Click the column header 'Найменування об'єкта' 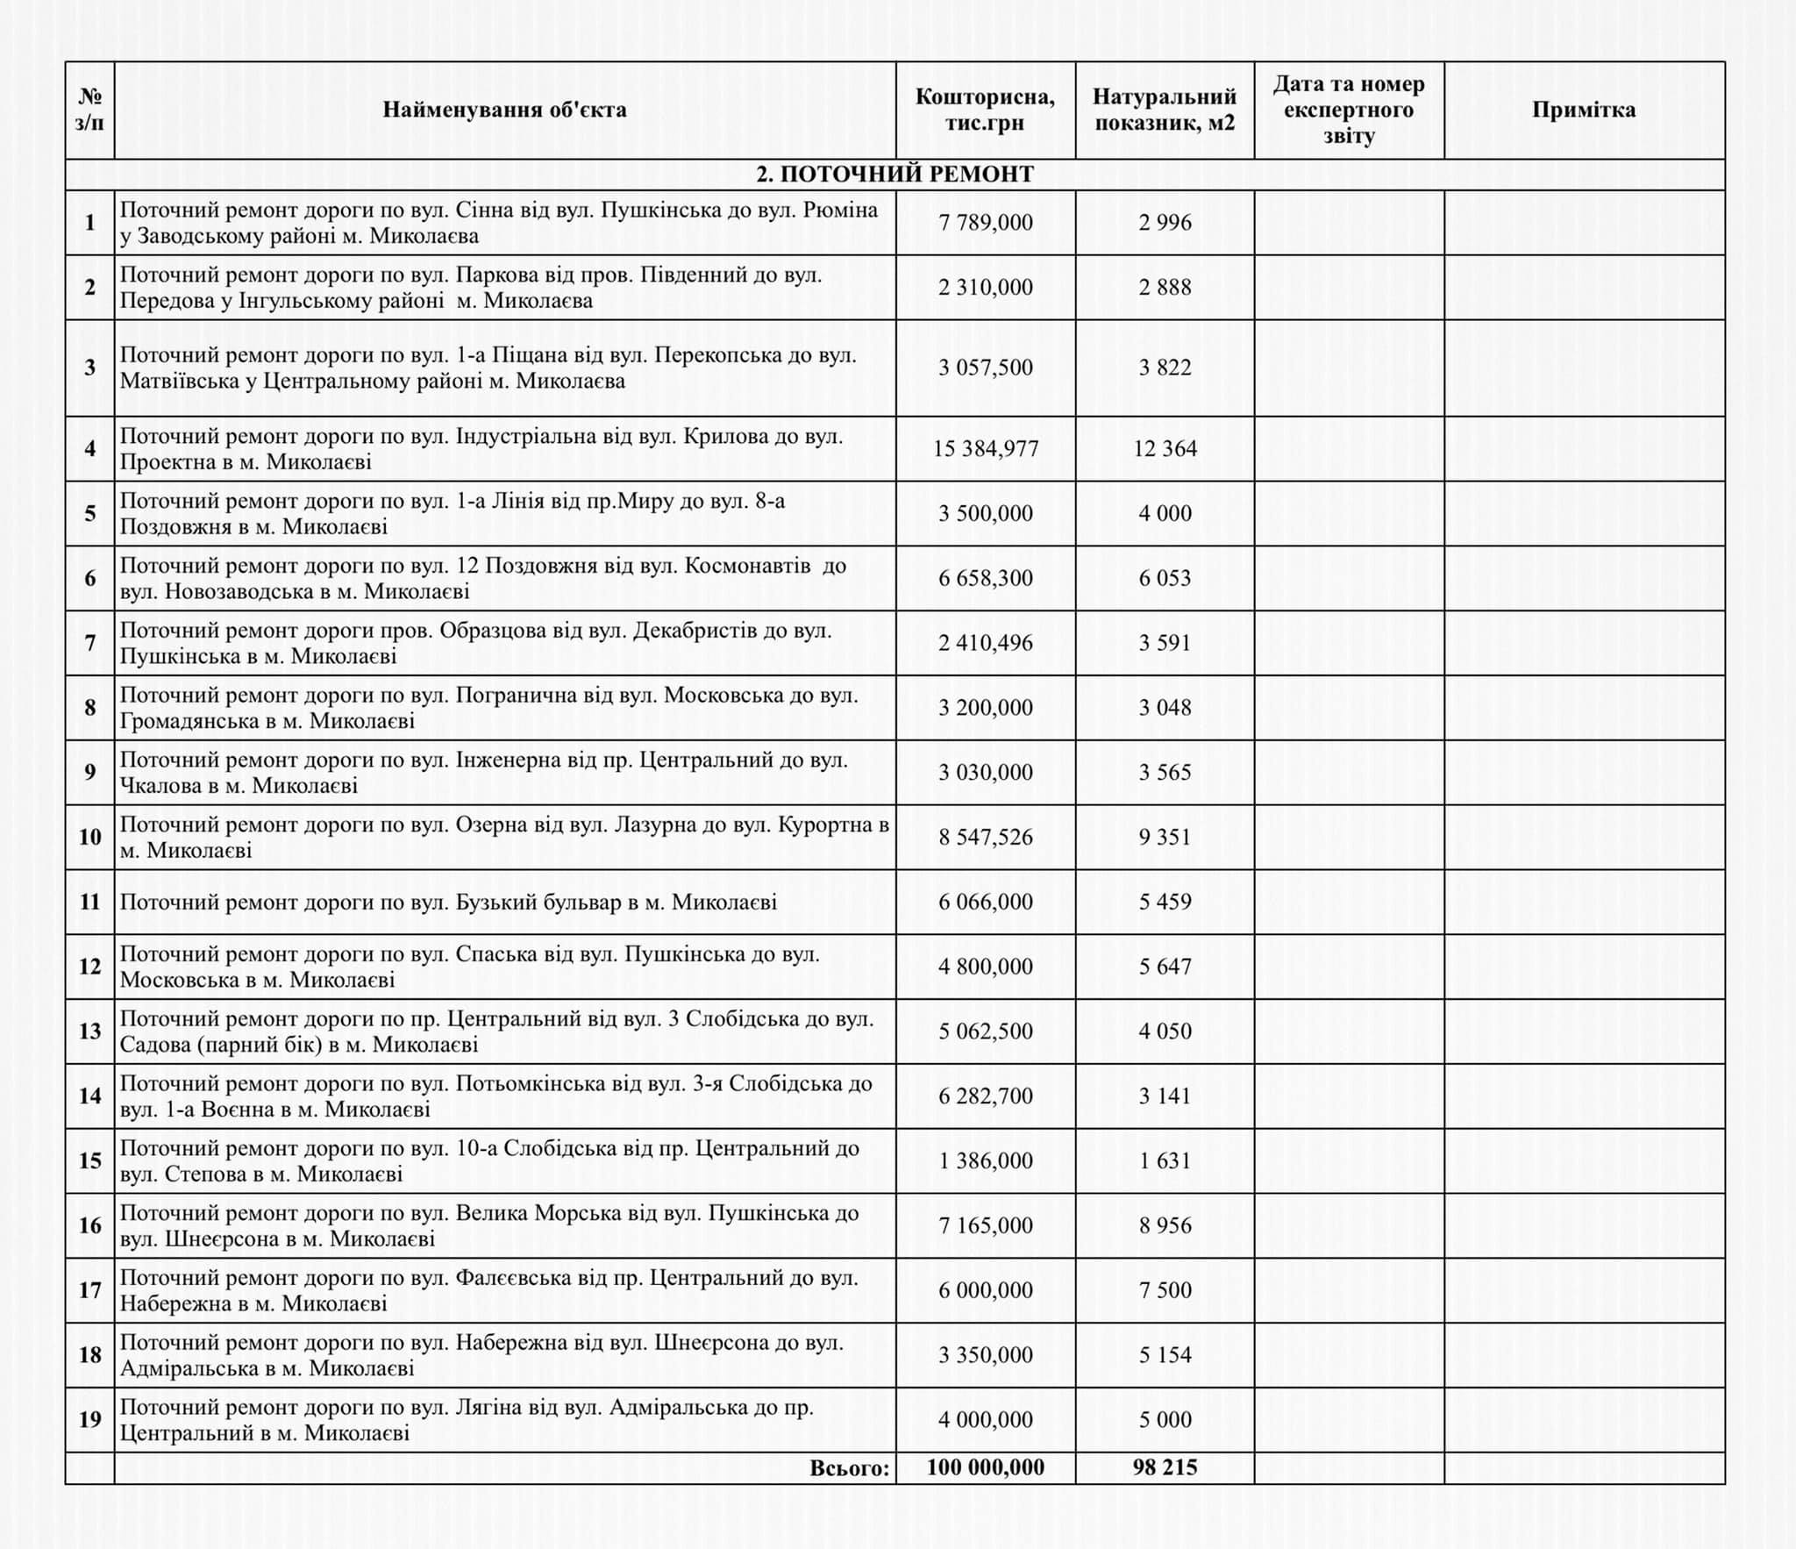pos(504,110)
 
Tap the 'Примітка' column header pos(1584,110)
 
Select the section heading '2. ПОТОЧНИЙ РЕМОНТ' pos(894,175)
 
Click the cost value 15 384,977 pos(986,449)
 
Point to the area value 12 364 pos(1165,449)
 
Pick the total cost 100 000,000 pos(986,1467)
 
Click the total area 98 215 pos(1165,1467)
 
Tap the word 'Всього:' pos(850,1468)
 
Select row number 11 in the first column pos(90,902)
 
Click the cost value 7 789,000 pos(986,223)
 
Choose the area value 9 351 pos(1165,837)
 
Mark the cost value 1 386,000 pos(986,1160)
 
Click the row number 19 pos(90,1419)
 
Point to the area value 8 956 pos(1165,1225)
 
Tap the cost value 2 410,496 pos(986,643)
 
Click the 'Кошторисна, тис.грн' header pos(986,110)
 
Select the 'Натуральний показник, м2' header pos(1165,110)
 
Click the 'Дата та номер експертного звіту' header pos(1349,110)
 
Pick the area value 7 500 pos(1165,1290)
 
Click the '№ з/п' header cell pos(89,110)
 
